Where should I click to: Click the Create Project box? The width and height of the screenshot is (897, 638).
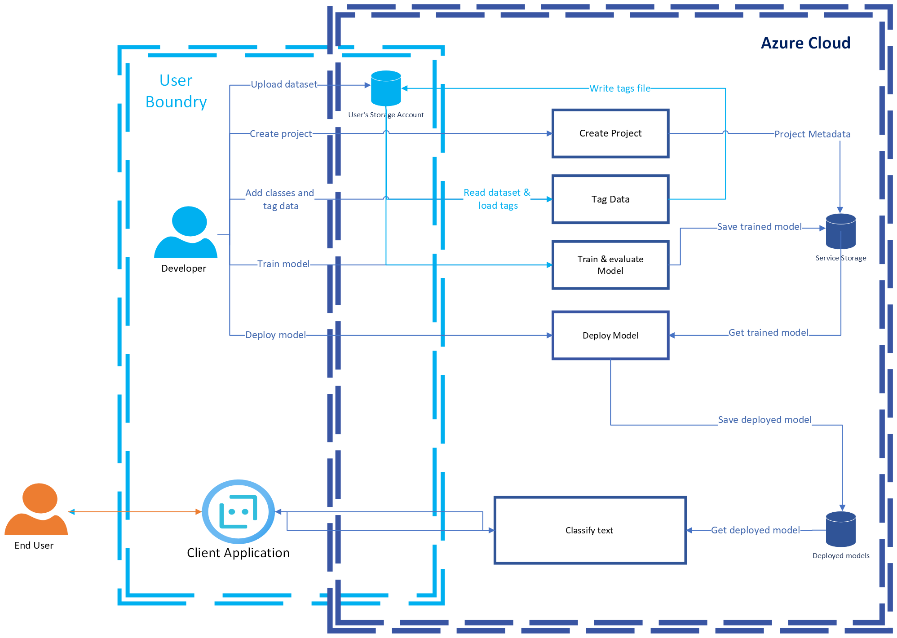610,133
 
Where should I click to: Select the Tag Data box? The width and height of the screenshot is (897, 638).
610,199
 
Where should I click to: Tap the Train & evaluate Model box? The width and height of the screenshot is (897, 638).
610,265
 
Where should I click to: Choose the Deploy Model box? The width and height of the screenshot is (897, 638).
610,335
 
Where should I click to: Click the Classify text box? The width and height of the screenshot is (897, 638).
589,530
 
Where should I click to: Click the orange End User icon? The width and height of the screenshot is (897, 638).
36,509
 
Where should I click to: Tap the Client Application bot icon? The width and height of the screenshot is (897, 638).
238,511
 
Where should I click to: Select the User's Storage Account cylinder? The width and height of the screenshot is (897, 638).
386,88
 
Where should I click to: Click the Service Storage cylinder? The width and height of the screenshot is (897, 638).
840,231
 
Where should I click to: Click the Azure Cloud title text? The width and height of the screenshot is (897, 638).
805,43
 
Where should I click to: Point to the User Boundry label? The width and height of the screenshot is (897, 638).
176,91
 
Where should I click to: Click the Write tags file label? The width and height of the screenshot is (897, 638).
620,88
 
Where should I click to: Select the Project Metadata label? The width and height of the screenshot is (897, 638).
812,134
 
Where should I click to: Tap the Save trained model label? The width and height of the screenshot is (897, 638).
759,227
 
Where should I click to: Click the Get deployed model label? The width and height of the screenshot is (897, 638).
756,530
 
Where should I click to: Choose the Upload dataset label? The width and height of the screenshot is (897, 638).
284,84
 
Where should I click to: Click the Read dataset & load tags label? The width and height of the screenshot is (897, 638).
497,199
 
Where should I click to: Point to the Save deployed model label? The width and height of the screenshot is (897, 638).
764,420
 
